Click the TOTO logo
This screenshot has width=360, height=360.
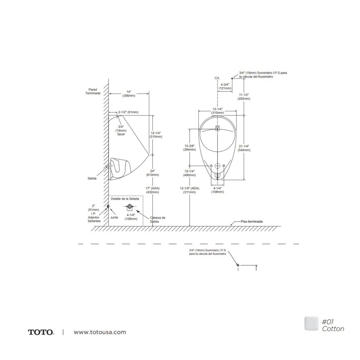tap(41, 332)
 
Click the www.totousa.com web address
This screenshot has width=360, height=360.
tap(100, 332)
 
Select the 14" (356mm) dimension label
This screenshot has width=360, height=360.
tap(129, 94)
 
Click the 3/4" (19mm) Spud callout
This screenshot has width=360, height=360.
tap(121, 130)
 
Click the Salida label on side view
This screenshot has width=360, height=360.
tap(92, 178)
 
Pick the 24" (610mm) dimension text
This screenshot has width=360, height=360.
tap(152, 172)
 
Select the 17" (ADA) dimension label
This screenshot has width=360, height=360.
tap(152, 190)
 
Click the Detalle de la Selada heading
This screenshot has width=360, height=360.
tap(125, 199)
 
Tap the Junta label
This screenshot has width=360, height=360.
tap(114, 217)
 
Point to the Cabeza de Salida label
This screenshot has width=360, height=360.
tap(158, 219)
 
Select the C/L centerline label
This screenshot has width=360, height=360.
tap(217, 78)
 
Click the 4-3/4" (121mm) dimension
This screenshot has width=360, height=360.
tap(225, 86)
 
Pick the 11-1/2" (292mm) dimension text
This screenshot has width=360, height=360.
tap(244, 96)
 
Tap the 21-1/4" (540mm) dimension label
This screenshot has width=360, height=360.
tap(244, 148)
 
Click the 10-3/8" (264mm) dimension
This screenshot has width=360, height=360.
tap(190, 148)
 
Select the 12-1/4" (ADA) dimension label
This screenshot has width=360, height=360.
tap(190, 190)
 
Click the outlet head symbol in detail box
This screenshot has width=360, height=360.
tap(130, 206)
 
